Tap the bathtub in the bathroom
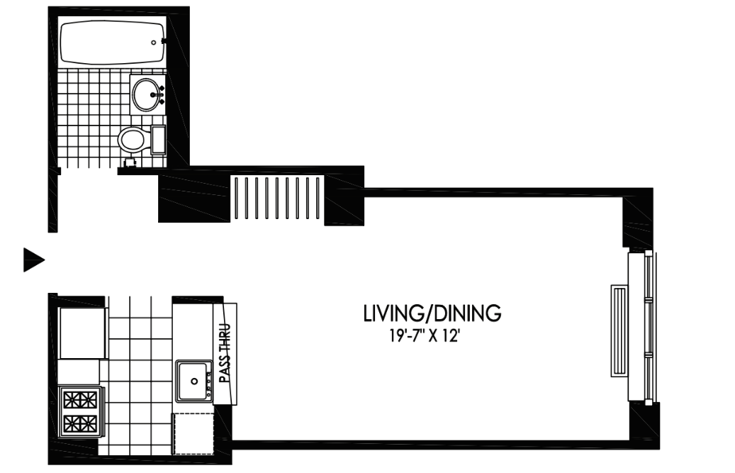click(112, 43)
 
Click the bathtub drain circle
click(153, 43)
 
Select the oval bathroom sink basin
click(147, 95)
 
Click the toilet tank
click(159, 140)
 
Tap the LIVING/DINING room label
click(432, 313)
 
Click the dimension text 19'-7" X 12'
click(423, 336)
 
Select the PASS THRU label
click(225, 354)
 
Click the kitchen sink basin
click(193, 381)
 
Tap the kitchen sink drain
click(194, 382)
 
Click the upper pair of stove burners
click(80, 401)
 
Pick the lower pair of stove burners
click(80, 424)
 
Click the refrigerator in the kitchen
click(82, 333)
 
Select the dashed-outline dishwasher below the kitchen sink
click(193, 433)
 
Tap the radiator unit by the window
click(619, 331)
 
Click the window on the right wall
click(649, 328)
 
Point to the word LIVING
click(394, 313)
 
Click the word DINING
click(467, 313)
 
